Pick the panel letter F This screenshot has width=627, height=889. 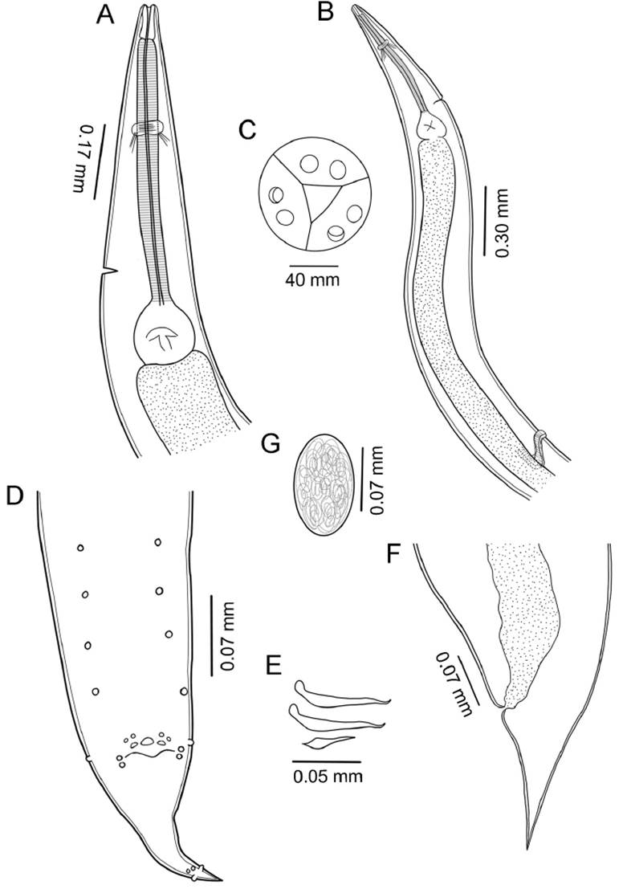tap(393, 555)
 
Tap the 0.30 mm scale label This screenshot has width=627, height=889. tap(503, 221)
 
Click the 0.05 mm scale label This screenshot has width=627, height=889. tap(327, 777)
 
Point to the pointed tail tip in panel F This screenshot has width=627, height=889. tap(528, 845)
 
